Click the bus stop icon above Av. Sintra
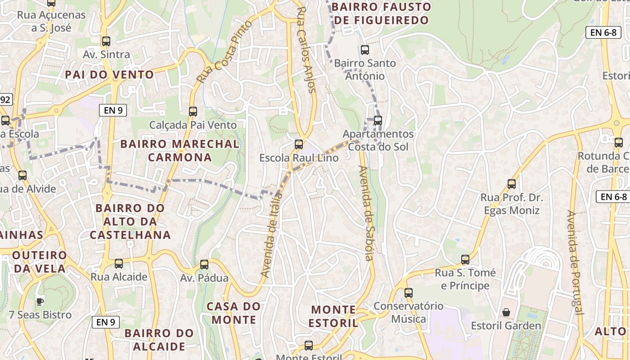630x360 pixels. pos(106,41)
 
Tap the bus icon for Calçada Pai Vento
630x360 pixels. pos(193,111)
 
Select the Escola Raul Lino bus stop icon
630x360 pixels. pos(299,144)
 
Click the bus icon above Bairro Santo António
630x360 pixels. pos(365,50)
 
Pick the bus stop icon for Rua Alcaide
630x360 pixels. pos(119,264)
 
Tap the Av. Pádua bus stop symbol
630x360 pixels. pos(204,265)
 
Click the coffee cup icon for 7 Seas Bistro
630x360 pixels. pos(40,301)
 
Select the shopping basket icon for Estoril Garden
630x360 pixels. pos(506,312)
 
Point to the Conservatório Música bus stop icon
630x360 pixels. pos(409,293)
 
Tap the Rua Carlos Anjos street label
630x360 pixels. pos(306,49)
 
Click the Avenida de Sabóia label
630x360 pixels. pos(366,213)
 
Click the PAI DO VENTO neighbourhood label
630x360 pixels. pos(109,75)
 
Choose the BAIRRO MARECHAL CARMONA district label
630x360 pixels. pos(180,151)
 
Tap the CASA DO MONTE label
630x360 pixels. pos(234,313)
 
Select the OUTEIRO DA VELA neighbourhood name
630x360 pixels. pos(40,262)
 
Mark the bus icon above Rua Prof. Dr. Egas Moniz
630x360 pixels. pos(512,184)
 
